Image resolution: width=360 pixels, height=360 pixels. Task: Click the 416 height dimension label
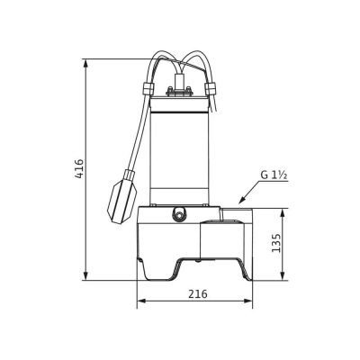(79, 168)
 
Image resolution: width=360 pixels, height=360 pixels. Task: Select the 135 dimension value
(276, 243)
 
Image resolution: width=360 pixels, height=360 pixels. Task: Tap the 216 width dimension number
(198, 293)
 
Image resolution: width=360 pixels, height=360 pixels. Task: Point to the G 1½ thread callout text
(274, 175)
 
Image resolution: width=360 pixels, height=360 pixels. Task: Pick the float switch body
(123, 200)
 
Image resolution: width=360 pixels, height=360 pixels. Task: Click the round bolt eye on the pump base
(179, 215)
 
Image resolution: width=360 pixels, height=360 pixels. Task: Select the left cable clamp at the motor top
(148, 88)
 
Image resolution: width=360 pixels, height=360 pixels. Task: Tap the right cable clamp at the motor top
(210, 88)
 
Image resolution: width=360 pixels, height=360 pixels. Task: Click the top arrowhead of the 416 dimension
(86, 63)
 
